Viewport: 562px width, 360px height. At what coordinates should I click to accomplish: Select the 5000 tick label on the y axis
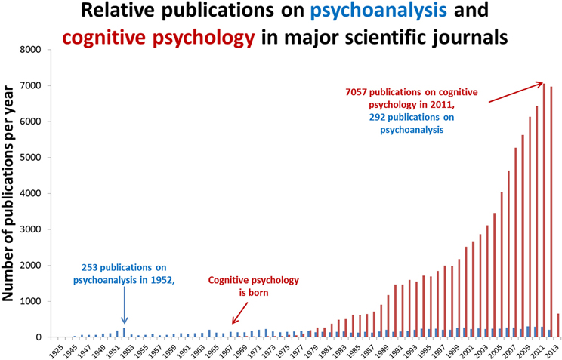click(33, 158)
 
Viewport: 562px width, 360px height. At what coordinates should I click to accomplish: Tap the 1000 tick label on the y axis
click(33, 301)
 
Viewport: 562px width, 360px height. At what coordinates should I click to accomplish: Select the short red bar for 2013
click(558, 325)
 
